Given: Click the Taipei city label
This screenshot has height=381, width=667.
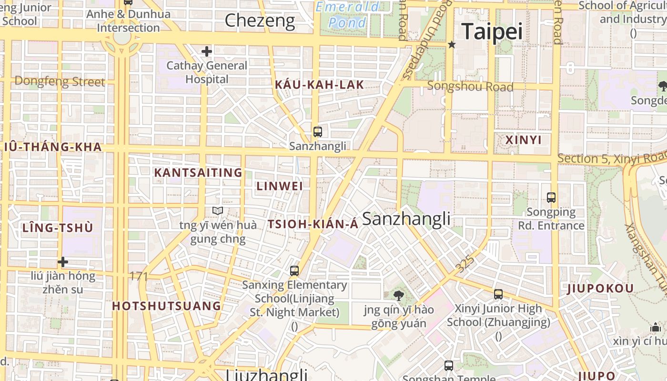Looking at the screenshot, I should point(492,31).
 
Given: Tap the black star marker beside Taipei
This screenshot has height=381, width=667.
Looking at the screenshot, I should point(452,44).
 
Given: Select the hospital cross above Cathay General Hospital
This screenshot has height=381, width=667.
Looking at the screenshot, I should point(206,51).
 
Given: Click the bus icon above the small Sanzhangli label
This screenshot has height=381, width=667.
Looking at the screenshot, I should point(317,132).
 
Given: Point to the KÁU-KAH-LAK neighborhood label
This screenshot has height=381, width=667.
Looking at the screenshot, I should point(319,85).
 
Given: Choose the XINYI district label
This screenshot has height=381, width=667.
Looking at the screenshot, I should point(523,140).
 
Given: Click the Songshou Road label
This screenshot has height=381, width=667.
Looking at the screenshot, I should point(470,86).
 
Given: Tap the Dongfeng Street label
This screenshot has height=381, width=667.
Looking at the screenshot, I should point(60,81).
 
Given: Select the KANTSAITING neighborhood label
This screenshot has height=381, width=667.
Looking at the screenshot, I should point(198,172).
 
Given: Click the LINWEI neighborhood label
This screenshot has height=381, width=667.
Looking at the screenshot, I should point(280,186).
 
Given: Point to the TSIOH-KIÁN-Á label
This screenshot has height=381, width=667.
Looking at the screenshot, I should point(313,224).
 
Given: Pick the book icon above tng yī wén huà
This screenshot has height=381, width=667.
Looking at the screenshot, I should point(218,211).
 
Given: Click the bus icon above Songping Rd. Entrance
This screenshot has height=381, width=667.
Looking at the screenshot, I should point(551,197).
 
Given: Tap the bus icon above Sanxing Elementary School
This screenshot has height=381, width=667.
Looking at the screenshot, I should point(294,271).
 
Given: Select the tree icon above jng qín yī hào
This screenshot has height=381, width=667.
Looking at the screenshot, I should point(398,296).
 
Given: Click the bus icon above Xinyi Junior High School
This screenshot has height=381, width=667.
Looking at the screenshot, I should point(498,294).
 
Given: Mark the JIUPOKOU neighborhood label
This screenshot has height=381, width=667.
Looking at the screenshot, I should point(600,289).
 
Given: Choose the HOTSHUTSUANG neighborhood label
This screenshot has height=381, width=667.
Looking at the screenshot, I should point(167,306).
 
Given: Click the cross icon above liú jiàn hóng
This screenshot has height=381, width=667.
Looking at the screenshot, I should point(62,262).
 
